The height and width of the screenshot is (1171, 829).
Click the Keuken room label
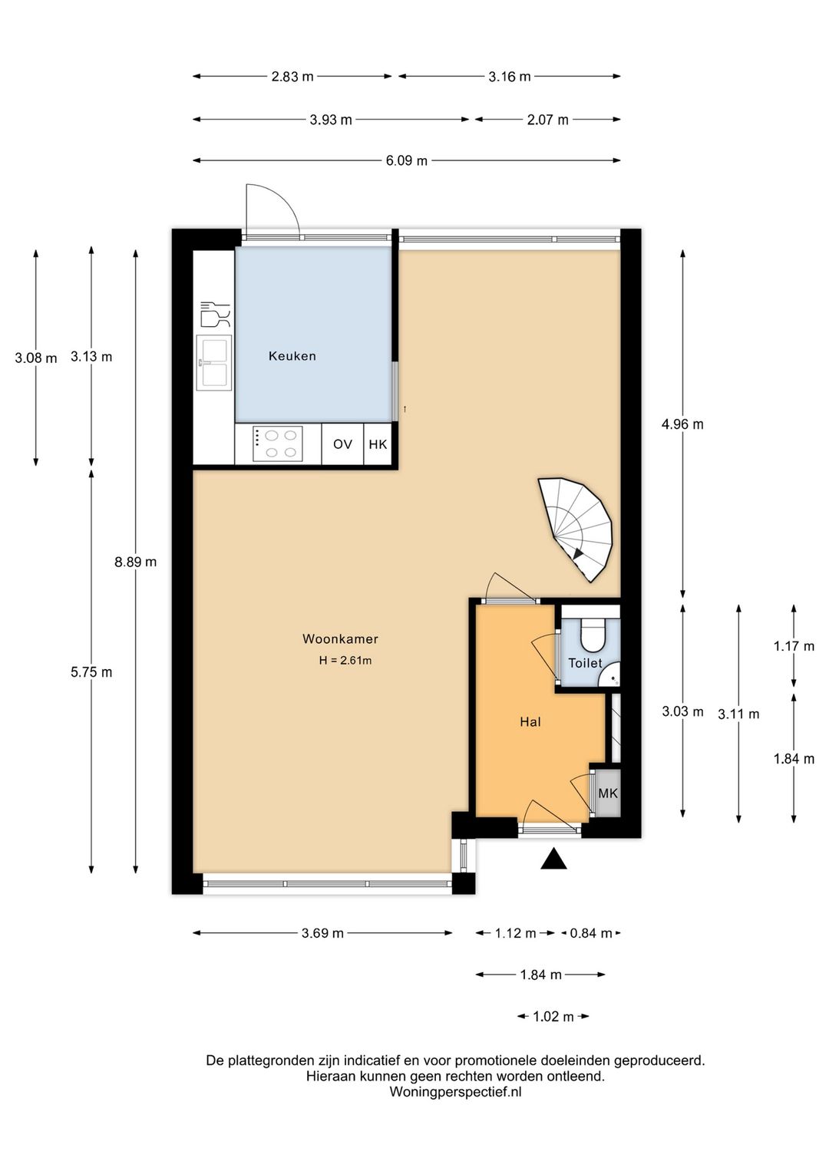292,356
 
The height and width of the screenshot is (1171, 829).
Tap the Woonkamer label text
340,638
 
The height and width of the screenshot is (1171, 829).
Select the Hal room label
530,722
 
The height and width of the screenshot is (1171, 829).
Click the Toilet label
585,663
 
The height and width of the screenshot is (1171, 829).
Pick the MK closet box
607,793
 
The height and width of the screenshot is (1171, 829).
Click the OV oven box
342,444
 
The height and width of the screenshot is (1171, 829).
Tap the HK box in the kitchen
378,444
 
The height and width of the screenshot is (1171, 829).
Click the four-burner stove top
277,444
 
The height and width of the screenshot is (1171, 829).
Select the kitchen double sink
214,363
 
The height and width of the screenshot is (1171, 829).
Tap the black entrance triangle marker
553,859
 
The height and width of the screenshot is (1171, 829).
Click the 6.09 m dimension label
406,160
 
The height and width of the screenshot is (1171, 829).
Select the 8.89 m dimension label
135,562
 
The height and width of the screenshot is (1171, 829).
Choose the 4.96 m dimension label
682,424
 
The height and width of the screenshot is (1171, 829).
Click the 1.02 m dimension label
553,1017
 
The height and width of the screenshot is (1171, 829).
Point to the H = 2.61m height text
345,660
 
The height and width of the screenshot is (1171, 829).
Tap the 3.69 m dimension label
322,933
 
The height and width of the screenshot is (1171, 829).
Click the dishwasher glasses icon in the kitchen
215,315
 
